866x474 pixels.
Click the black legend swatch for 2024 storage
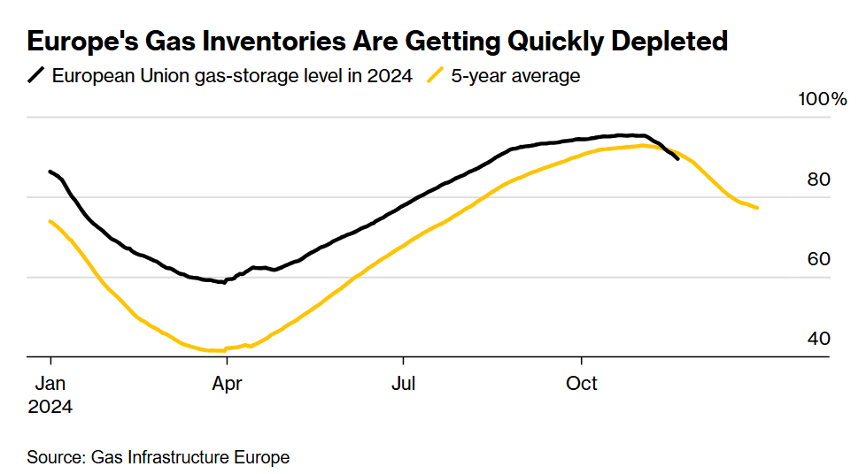pos(36,75)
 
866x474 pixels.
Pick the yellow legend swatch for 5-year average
pos(435,75)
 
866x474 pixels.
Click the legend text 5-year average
pos(515,76)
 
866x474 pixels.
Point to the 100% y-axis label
pos(823,99)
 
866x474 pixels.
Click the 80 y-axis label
pos(820,180)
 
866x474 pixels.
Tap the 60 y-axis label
pos(820,259)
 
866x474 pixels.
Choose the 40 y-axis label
pos(820,339)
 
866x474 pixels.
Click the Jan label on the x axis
pos(50,384)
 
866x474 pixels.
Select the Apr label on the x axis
pos(228,384)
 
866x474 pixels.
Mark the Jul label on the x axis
pos(404,384)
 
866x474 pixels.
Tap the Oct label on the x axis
pos(582,384)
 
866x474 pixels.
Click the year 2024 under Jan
pos(50,408)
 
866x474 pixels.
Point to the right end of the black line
pos(678,158)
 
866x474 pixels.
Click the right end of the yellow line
pos(758,208)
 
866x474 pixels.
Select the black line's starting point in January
pos(50,172)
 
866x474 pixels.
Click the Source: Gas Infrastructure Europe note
pos(159,457)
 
